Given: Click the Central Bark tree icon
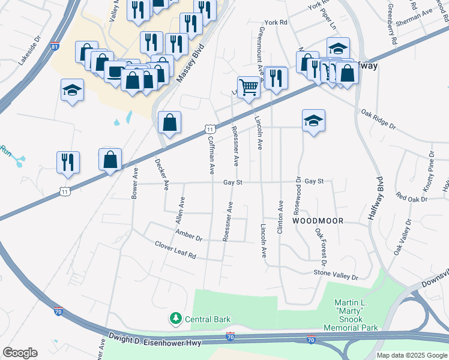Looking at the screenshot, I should tap(176, 318).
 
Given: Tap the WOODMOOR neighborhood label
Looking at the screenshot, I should tap(318, 221).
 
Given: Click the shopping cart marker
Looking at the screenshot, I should tap(248, 86).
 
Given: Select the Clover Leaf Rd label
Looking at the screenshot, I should tap(175, 250).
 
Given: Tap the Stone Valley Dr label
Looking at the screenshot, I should tap(336, 274).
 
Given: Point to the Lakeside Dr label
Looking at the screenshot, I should tap(28, 53).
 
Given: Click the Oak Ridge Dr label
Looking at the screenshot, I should tap(379, 119).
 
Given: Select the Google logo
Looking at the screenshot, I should tap(20, 353).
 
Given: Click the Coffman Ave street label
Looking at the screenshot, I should tap(211, 155).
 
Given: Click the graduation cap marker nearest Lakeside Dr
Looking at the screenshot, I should tap(73, 91).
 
